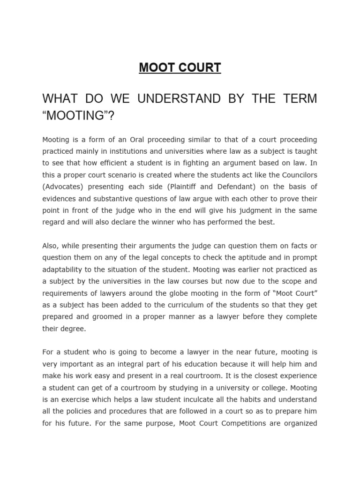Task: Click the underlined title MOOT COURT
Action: click(180, 67)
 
